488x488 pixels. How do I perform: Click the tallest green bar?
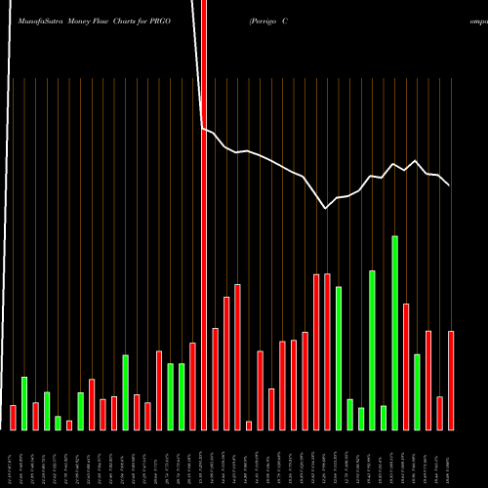(x=395, y=332)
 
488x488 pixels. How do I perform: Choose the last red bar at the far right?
(x=451, y=381)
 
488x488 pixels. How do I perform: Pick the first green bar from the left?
(x=24, y=403)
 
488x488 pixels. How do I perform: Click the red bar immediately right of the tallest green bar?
(x=406, y=366)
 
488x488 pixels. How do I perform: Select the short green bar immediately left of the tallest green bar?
(x=384, y=417)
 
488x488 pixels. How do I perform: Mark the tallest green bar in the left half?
(x=126, y=391)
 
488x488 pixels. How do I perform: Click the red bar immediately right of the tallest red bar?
(x=215, y=379)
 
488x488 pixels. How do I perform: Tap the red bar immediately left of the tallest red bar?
(x=192, y=386)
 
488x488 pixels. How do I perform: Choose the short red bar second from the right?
(x=440, y=413)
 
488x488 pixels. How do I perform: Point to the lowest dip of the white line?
(x=326, y=207)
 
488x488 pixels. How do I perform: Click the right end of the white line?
(x=449, y=184)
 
